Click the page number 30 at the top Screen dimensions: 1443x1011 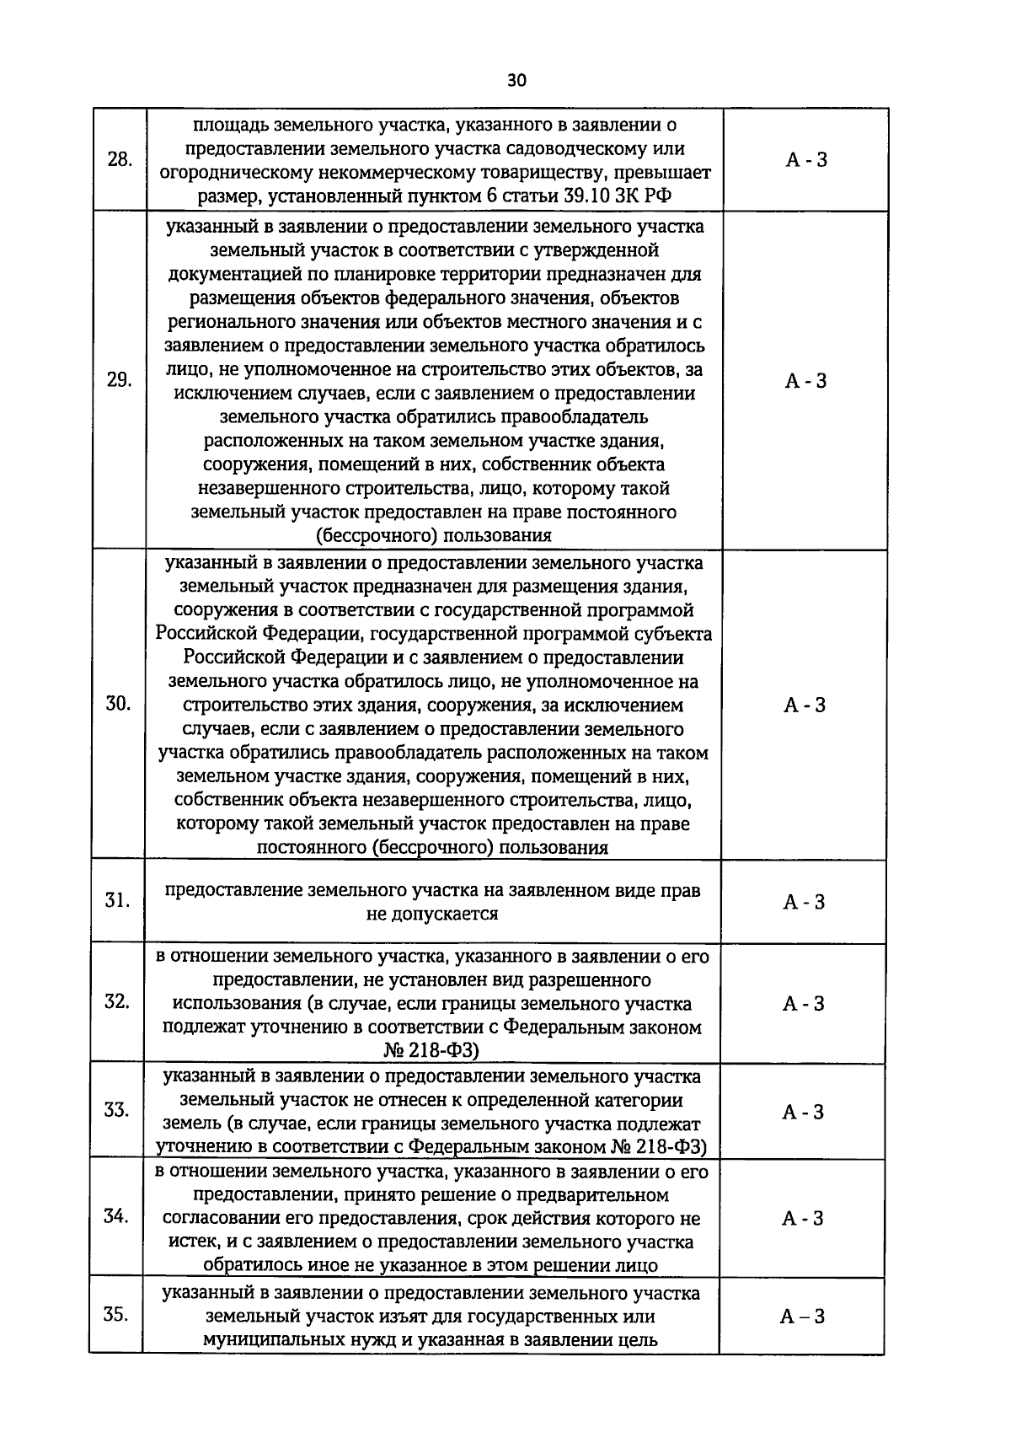point(516,81)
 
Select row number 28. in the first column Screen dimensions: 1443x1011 point(120,160)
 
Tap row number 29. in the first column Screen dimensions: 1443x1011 point(119,380)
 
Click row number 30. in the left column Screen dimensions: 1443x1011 point(118,705)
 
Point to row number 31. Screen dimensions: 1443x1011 point(117,901)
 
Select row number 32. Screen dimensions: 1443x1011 point(116,1001)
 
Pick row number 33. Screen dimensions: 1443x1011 point(116,1110)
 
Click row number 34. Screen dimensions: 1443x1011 point(116,1216)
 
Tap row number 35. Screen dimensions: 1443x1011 point(115,1315)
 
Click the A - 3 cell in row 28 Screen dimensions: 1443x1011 point(806,160)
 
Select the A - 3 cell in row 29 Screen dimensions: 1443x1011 point(805,381)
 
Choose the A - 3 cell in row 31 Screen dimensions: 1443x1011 point(804,902)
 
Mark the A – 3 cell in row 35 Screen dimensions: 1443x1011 point(802,1317)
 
